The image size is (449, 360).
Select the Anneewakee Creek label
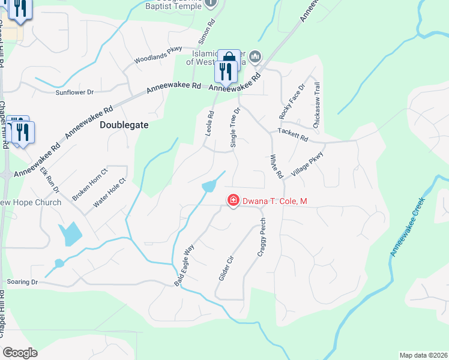[x=411, y=227]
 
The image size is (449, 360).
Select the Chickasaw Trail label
[x=317, y=106]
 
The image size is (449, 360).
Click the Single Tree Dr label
[x=235, y=127]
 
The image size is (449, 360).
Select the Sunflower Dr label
[x=75, y=92]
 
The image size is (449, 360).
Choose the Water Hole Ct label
[x=109, y=193]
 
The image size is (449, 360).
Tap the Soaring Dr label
[x=22, y=281]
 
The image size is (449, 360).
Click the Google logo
[x=20, y=352]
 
